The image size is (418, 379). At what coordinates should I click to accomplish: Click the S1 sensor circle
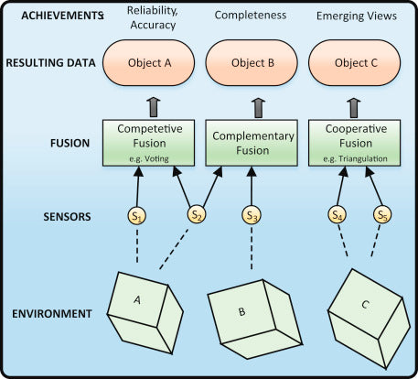point(136,216)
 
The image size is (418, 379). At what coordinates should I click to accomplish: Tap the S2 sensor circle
point(197,214)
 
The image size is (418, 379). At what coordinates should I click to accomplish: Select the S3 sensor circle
point(252,215)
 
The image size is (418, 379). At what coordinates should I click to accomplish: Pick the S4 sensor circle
point(337,215)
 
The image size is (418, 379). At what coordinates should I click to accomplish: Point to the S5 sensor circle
point(382,215)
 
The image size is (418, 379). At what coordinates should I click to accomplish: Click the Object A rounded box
point(149,63)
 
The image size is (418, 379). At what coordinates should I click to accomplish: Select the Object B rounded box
point(252,63)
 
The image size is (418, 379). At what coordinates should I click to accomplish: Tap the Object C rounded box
point(355,63)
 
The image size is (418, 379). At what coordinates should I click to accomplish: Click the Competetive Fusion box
point(148,143)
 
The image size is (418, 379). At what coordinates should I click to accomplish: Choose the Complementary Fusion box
point(252,143)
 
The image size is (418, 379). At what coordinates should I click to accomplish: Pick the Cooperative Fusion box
point(355,143)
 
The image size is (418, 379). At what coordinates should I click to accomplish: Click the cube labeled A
point(145,313)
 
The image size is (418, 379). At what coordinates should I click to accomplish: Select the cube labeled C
point(369,319)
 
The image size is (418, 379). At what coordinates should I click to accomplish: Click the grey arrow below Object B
point(259,108)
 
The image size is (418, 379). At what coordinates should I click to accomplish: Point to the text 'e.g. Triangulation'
point(355,159)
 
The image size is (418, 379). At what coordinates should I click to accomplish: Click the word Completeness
point(251,15)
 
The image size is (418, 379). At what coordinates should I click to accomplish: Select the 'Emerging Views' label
point(357,16)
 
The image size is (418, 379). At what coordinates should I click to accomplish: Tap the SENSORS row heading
point(67,216)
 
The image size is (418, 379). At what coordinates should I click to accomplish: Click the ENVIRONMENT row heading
point(52,314)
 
